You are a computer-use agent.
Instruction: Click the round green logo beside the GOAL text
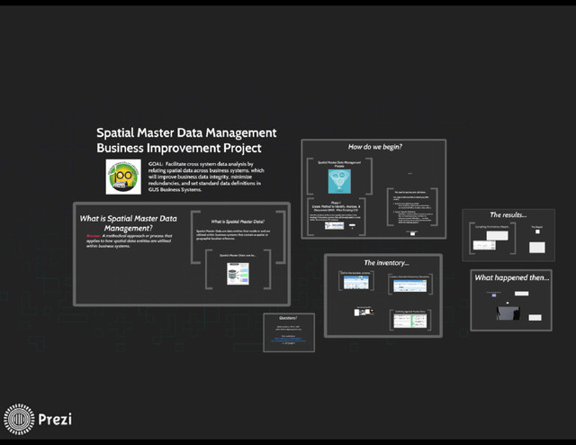coord(123,177)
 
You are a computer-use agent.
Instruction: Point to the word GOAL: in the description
coord(158,163)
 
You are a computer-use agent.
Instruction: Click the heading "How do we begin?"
coord(374,147)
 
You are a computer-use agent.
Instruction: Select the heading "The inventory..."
coord(386,262)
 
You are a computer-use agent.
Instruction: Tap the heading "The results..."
coord(508,215)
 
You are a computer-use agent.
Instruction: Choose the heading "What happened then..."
coord(511,277)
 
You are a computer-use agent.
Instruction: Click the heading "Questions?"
coord(288,318)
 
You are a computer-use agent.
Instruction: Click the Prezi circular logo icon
coord(19,419)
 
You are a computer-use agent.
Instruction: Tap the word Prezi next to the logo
coord(55,419)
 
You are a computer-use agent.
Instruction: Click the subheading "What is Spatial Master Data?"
coord(238,222)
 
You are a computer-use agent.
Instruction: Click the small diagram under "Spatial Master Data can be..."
coord(238,273)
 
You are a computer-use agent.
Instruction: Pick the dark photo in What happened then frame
coord(508,313)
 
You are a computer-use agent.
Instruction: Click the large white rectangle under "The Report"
coord(537,247)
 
